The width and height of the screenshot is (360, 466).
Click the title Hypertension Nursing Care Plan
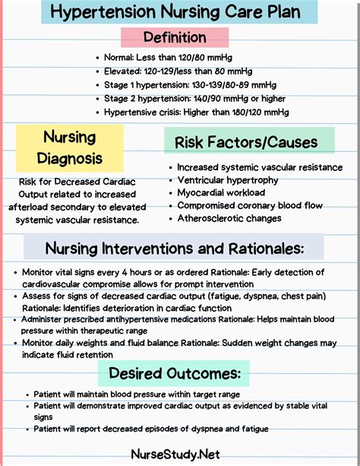(x=180, y=12)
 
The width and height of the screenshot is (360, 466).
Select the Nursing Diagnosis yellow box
(x=69, y=149)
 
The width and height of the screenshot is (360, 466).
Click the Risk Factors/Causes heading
(x=240, y=142)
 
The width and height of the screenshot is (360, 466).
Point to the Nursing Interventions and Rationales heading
(x=175, y=248)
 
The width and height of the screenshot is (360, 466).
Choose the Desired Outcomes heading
(x=175, y=372)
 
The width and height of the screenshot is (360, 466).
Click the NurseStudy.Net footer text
(x=181, y=454)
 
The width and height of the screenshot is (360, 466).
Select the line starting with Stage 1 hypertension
(x=189, y=84)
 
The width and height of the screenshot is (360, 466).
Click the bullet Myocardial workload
(x=221, y=193)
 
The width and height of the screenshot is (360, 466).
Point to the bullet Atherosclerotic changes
(x=229, y=218)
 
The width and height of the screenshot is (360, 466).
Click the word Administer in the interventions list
(x=47, y=321)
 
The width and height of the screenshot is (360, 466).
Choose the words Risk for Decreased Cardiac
(x=69, y=182)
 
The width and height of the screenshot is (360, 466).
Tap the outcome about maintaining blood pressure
(x=137, y=395)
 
